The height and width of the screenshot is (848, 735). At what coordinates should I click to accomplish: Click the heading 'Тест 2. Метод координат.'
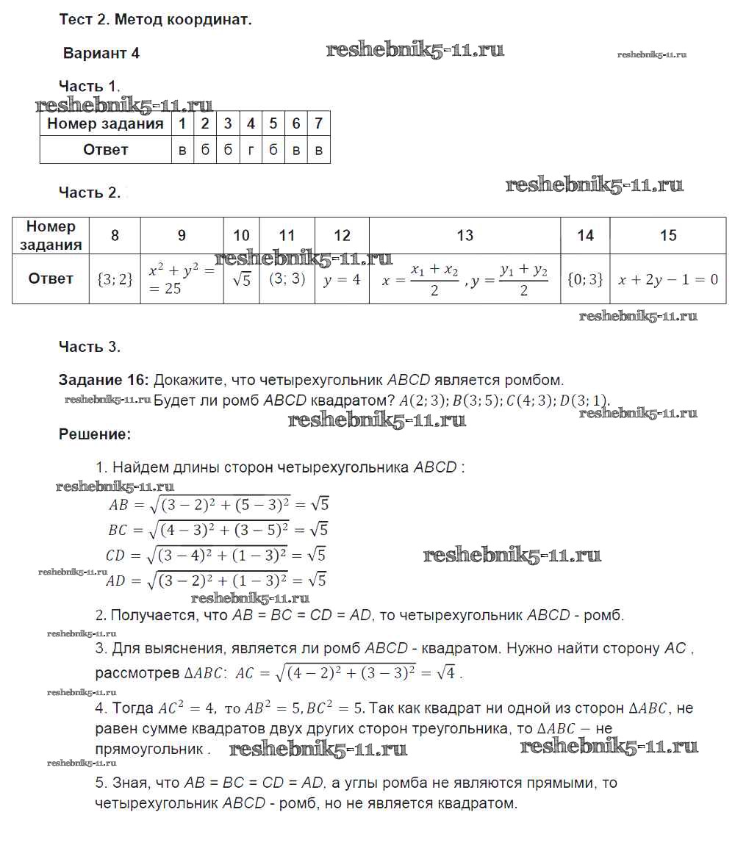pos(155,20)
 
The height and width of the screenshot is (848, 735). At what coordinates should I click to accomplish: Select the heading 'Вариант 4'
pos(101,53)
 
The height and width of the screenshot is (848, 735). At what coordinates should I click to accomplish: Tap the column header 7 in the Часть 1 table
pos(318,123)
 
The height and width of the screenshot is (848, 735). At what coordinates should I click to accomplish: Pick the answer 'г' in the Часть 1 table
pos(251,150)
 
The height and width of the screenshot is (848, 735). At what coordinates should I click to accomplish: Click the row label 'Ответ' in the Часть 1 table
pos(105,150)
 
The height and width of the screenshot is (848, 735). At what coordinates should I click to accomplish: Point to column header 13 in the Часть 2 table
pos(465,235)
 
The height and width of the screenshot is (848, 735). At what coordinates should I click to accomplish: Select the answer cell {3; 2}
pos(115,279)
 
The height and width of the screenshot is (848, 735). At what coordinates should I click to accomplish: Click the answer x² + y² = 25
pos(181,279)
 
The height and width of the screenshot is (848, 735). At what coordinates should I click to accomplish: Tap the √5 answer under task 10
pos(241,279)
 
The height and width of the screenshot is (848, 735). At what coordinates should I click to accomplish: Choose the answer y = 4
pos(342,279)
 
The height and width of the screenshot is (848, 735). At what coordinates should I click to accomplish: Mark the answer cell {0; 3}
pos(585,279)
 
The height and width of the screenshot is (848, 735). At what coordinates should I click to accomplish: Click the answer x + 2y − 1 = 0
pos(667,279)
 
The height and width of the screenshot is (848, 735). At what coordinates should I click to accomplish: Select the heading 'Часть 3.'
pos(89,347)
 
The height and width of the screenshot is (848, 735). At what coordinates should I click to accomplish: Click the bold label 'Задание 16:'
pos(104,380)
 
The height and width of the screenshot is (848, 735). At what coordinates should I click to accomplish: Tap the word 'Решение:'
pos(95,434)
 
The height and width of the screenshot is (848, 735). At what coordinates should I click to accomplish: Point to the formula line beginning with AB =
pos(218,505)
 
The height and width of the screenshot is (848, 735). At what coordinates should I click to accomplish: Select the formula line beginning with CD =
pos(216,555)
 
